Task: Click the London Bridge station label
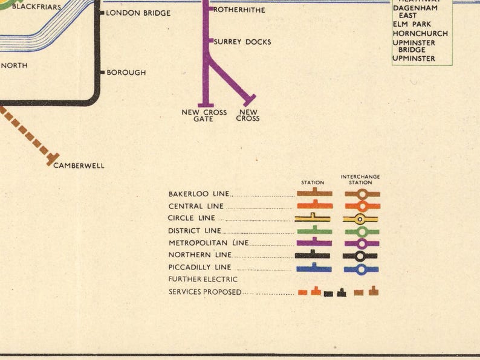[138, 13]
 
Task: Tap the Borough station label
[126, 72]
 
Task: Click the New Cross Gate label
[204, 115]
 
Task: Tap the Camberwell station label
[79, 166]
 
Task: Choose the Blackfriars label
[36, 7]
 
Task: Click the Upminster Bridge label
[412, 47]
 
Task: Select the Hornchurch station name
[420, 34]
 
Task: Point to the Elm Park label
[410, 24]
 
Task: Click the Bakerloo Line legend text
[199, 194]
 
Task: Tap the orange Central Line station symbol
[314, 205]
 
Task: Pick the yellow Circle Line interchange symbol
[360, 219]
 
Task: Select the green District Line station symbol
[314, 231]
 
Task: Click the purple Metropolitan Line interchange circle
[361, 243]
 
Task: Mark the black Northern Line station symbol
[313, 255]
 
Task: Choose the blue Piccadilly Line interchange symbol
[361, 269]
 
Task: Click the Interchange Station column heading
[360, 179]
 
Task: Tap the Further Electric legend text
[203, 280]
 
